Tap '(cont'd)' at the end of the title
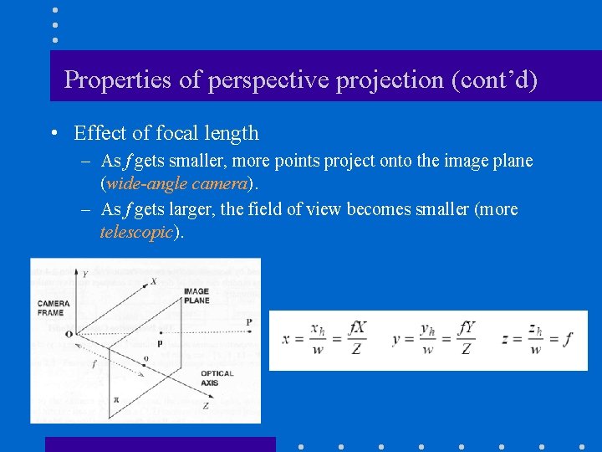tap(493, 80)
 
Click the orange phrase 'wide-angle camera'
tap(174, 183)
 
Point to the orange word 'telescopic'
tap(135, 232)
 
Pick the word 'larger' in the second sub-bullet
tap(193, 209)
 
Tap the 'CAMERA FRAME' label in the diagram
tap(53, 307)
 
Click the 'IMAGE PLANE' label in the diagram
tap(196, 295)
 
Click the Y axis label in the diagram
tap(84, 273)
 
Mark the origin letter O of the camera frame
tap(69, 333)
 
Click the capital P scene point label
tap(248, 322)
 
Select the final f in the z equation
tap(569, 339)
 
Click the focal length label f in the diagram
tap(94, 365)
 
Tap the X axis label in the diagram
tap(152, 282)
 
